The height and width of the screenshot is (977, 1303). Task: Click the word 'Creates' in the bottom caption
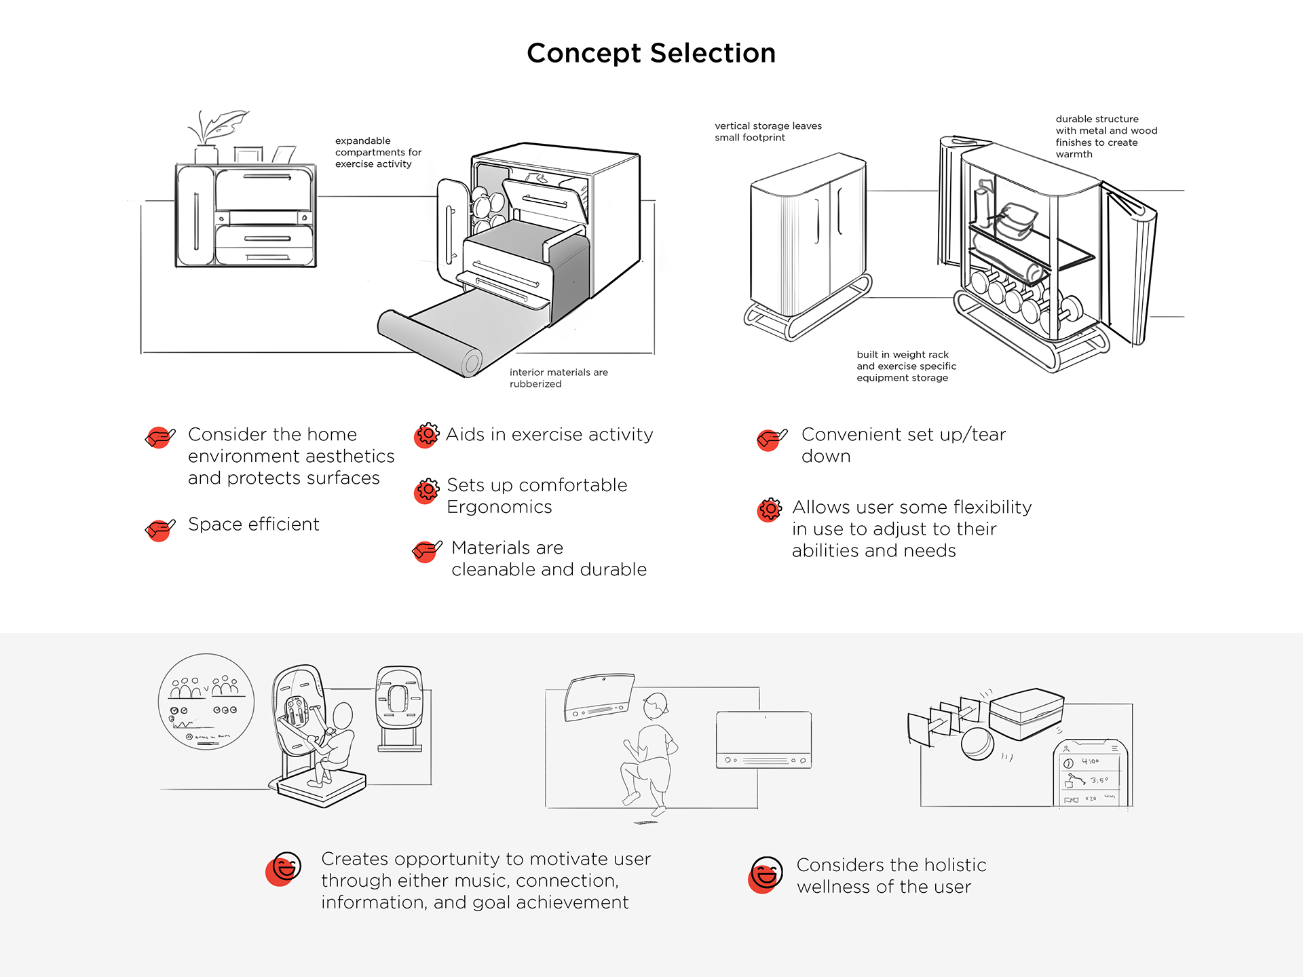pos(354,860)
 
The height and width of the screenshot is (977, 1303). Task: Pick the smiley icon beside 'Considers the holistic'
pos(766,874)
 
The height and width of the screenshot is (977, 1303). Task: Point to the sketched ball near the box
pos(977,744)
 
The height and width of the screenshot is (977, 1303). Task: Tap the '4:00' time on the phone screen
pos(1090,762)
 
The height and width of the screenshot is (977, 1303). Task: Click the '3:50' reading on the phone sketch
pos(1099,781)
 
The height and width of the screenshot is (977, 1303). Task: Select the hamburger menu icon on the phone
pos(1114,748)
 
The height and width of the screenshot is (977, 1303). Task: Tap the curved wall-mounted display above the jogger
pos(599,697)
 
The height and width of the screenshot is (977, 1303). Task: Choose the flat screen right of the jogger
pos(763,740)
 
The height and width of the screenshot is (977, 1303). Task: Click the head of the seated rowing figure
pos(343,714)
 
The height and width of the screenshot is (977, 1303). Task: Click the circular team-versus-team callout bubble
pos(206,702)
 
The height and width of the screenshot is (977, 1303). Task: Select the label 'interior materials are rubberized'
pos(558,378)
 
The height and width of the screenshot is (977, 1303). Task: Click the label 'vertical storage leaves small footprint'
pos(767,132)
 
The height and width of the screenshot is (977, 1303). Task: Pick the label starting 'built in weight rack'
pos(905,366)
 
